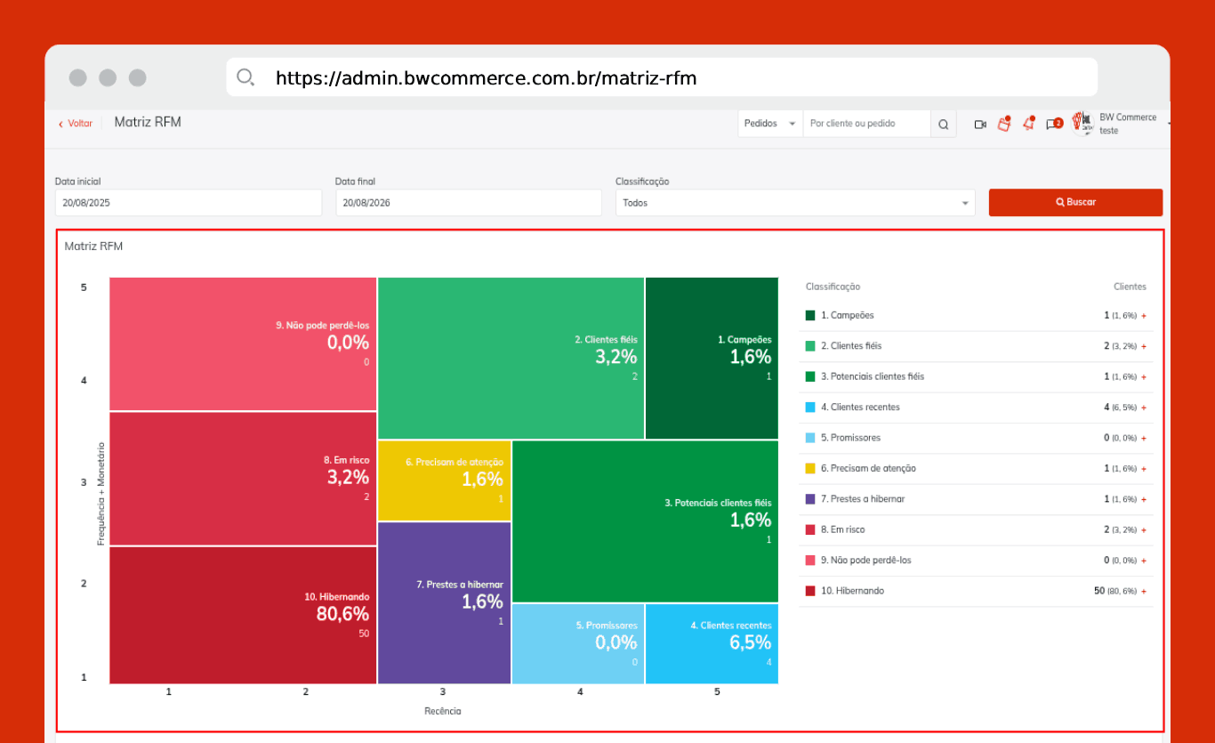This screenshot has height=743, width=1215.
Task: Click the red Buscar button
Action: (x=1075, y=203)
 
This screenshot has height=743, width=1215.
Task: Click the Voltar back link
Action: (x=76, y=124)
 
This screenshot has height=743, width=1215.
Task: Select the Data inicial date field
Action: (x=189, y=203)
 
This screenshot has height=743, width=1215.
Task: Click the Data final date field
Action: (x=469, y=203)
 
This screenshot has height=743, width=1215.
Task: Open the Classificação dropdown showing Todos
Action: (x=795, y=203)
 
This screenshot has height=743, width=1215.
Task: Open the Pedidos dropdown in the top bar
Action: (x=769, y=124)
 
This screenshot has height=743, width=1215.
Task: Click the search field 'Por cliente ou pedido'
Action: (x=866, y=124)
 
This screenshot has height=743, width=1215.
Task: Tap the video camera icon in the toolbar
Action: (x=979, y=125)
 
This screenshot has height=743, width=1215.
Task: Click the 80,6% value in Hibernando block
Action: (x=342, y=614)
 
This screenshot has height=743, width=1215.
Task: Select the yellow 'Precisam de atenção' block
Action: (x=444, y=481)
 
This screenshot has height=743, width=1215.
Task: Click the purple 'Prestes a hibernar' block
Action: (x=444, y=603)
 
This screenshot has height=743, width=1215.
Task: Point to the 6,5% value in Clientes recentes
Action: (x=750, y=642)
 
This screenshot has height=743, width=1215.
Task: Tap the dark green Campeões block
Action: (x=712, y=359)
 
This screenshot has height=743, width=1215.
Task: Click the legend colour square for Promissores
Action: (x=810, y=438)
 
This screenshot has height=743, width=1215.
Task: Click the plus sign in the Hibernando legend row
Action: (x=1144, y=591)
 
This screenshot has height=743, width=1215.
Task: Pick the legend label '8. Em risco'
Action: (x=842, y=529)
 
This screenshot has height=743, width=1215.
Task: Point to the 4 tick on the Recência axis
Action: (x=580, y=691)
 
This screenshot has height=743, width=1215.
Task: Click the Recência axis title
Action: (x=443, y=711)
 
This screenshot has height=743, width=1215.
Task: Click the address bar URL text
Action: (x=486, y=78)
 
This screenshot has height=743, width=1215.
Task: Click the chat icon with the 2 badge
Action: (x=1054, y=125)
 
